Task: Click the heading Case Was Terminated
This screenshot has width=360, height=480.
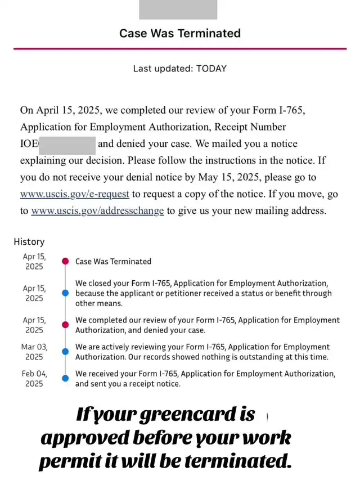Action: point(180,33)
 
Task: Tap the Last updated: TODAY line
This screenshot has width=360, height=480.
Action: point(180,69)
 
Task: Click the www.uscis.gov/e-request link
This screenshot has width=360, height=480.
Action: point(75,194)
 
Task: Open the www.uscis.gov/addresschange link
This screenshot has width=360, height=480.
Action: point(97,211)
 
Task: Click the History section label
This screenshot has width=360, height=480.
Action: point(29,242)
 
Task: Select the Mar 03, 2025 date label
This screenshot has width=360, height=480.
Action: point(34,352)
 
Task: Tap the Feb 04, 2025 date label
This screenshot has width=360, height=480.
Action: point(34,378)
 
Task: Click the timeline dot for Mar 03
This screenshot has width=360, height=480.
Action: point(65,352)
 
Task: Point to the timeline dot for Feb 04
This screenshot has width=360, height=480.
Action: point(65,378)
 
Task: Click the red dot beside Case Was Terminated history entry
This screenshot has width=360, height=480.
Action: point(65,261)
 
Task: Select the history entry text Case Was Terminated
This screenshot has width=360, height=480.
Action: point(113,261)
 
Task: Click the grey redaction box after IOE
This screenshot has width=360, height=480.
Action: point(67,144)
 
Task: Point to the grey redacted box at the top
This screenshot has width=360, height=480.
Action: point(178,10)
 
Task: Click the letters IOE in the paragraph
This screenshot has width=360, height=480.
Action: point(29,144)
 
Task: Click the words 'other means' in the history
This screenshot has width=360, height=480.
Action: point(99,303)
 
